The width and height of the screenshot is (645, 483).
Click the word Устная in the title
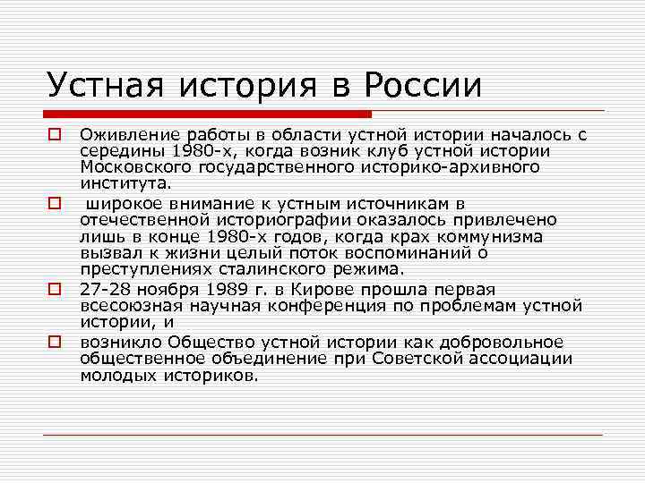point(101,86)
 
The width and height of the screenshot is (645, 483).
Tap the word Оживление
point(124,135)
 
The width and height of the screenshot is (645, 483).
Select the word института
point(125,183)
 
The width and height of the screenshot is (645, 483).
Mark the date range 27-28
point(102,289)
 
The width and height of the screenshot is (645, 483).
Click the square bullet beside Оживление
point(55,135)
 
